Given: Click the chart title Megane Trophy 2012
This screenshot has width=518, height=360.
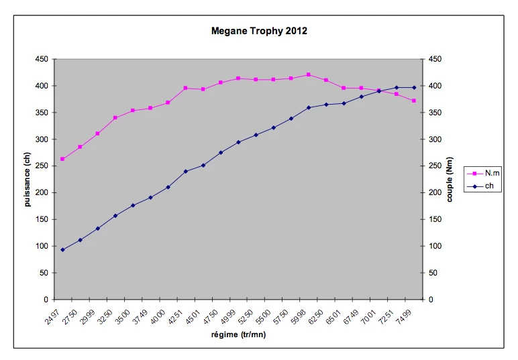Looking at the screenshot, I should click(259, 31).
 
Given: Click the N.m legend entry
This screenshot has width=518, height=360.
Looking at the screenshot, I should click(492, 173).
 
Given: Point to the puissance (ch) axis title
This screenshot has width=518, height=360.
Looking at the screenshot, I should click(28, 179).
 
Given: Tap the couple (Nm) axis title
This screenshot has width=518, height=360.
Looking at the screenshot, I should click(450, 179).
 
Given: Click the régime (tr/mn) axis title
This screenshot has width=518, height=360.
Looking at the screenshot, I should click(238, 335).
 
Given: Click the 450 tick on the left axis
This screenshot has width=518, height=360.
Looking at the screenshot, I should click(42, 59).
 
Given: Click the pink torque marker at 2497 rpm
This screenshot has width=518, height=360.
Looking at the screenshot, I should click(62, 159).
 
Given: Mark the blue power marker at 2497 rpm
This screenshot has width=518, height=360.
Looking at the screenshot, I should click(62, 249).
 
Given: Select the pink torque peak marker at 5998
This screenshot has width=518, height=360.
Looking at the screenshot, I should click(309, 74).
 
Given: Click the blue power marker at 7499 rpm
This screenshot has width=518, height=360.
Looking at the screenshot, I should click(414, 87).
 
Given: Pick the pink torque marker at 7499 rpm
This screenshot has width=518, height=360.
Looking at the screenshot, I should click(414, 101).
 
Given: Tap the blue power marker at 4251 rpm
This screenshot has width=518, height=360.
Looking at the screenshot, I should click(185, 171).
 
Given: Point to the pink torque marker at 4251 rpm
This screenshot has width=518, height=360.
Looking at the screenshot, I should click(185, 88).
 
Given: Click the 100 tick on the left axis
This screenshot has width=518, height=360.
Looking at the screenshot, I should click(42, 246).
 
